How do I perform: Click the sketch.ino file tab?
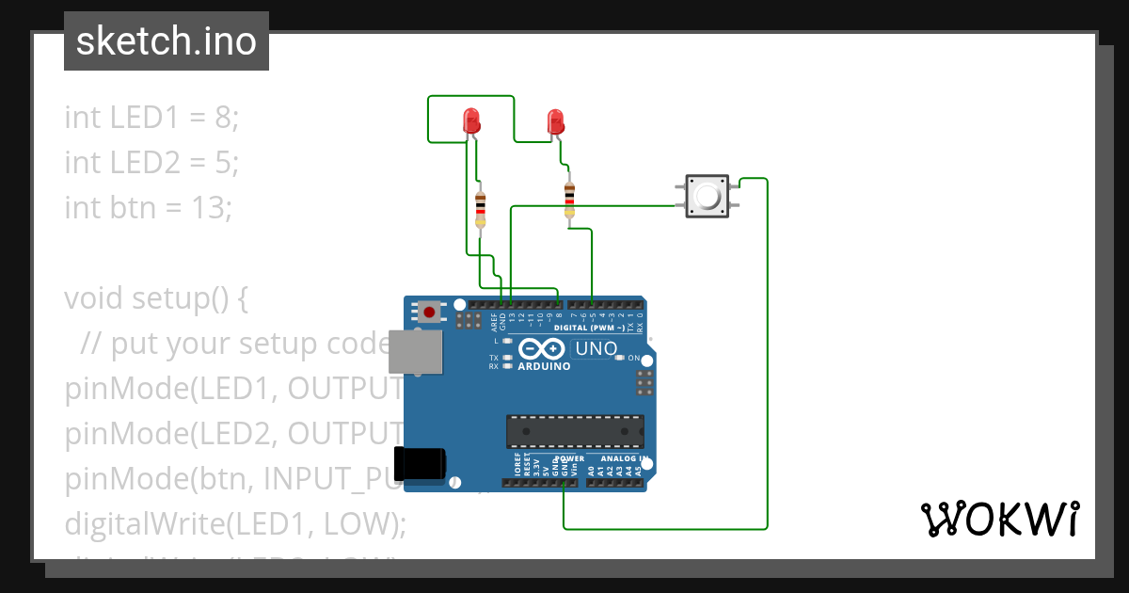pos(167,41)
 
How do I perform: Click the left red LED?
pos(471,120)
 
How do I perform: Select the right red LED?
pos(555,121)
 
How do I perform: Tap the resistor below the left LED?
pos(481,206)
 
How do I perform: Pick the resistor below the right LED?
pos(569,199)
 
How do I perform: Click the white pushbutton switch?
pos(707,196)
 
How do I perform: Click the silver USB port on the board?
pos(416,352)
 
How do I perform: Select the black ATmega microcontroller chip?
pos(575,430)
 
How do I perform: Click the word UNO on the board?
pos(596,349)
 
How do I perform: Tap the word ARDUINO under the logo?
pos(544,366)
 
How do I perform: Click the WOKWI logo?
pos(999,519)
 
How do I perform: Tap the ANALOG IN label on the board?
pos(616,458)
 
